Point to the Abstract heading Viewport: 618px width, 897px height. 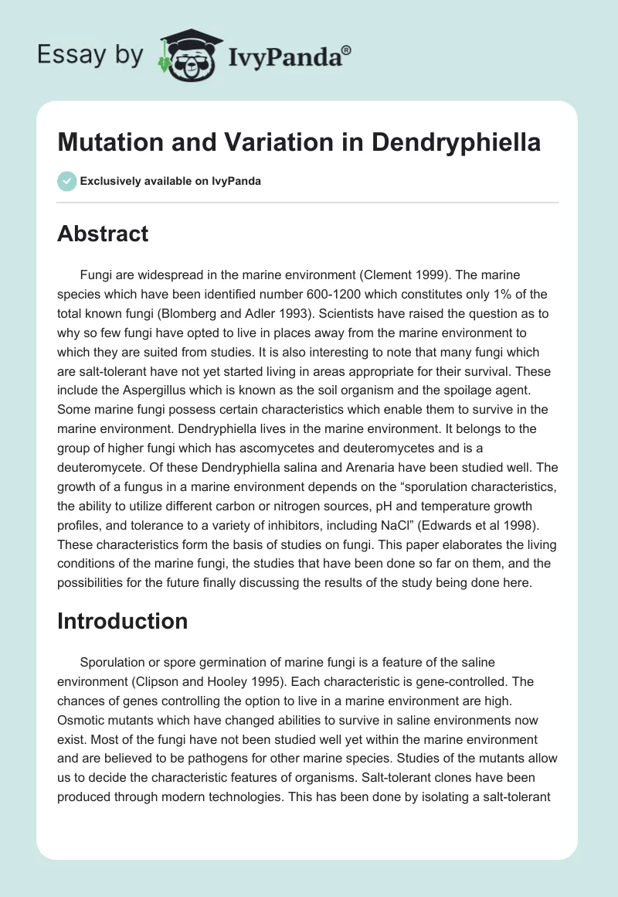point(103,234)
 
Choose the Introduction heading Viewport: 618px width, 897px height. point(123,621)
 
